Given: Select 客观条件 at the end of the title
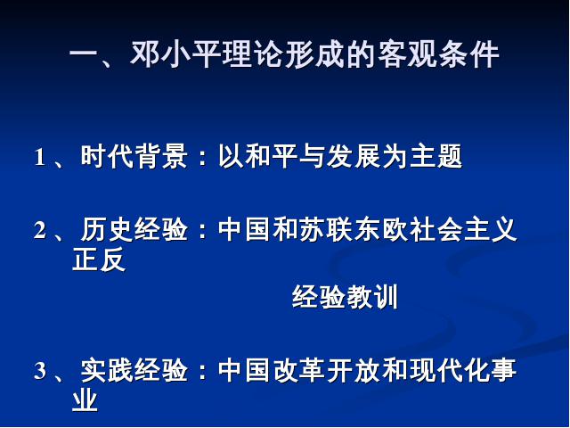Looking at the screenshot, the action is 438,54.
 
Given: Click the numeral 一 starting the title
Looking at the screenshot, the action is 84,55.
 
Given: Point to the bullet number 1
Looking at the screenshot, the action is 39,158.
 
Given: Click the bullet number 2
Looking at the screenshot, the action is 39,230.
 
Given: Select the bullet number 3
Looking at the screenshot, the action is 40,371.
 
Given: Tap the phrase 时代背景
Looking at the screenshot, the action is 134,157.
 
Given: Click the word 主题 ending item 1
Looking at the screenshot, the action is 436,157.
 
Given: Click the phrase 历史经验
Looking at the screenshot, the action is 134,229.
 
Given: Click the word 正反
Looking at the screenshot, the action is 99,259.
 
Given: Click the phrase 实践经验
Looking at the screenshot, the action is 134,370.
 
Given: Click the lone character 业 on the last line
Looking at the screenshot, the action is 85,399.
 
